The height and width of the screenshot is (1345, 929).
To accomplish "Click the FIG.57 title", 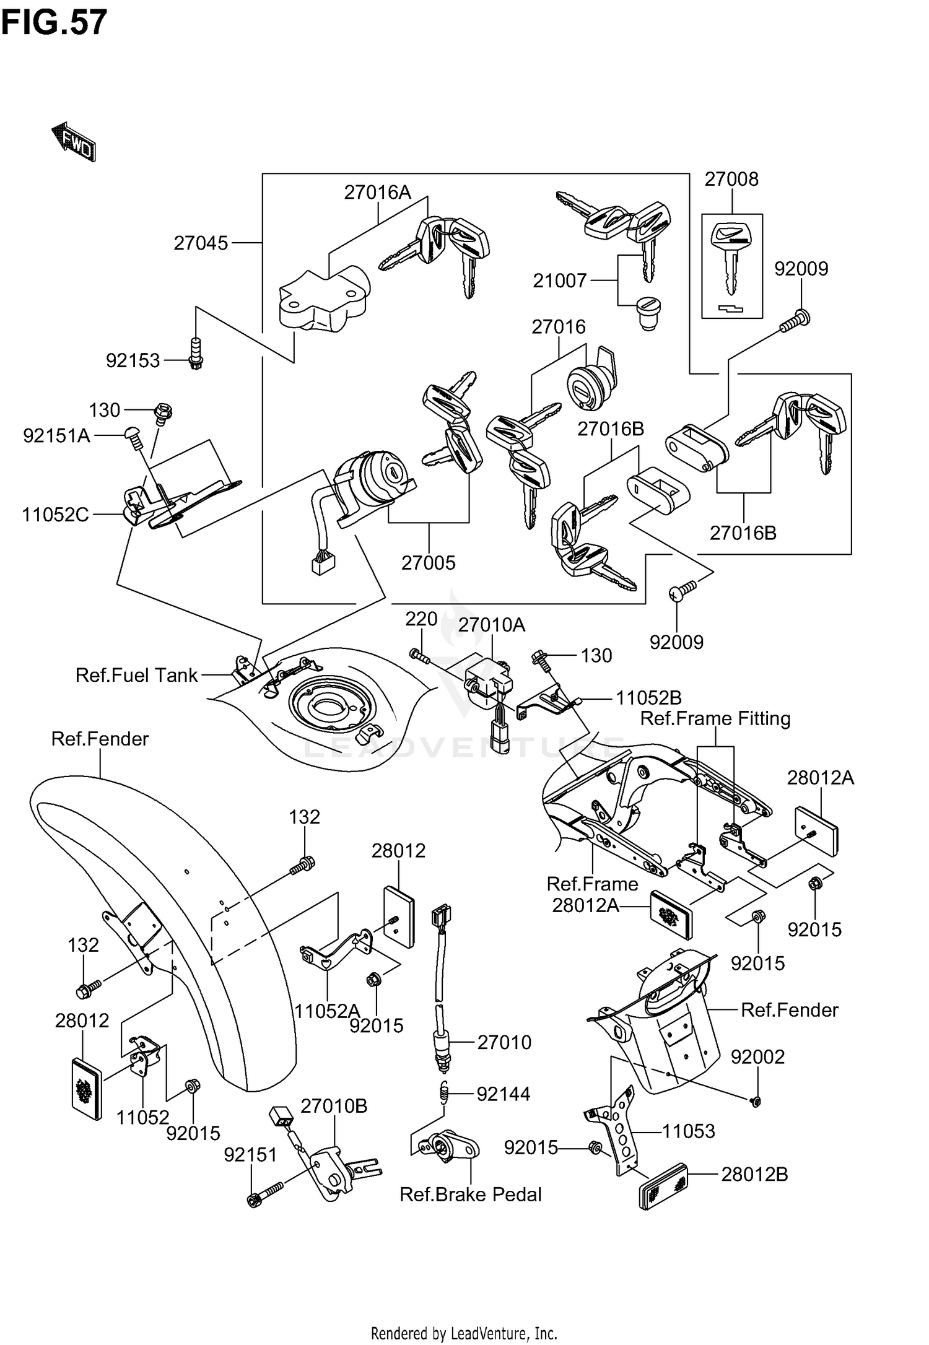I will (55, 24).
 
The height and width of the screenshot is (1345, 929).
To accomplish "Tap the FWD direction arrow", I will (74, 142).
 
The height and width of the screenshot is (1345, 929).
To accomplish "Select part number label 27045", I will (201, 243).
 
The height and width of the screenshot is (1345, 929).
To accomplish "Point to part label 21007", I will (560, 281).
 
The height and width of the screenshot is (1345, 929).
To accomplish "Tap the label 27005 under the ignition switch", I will (428, 562).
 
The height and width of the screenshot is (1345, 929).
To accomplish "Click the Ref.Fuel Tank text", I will (136, 674).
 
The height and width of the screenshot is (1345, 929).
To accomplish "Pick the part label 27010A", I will (492, 625).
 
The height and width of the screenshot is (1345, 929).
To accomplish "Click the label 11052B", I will (648, 698).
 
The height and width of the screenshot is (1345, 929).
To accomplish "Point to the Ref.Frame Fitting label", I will (715, 718).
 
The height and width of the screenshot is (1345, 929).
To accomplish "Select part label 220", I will (421, 619).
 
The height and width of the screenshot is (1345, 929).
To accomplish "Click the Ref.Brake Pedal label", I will (470, 1194).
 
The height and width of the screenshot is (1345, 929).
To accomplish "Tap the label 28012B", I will (754, 1174).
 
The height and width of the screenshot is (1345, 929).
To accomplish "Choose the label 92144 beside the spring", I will (503, 1094).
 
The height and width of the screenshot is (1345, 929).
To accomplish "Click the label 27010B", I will (334, 1105).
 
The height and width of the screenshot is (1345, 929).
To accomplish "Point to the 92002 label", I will (757, 1056).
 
